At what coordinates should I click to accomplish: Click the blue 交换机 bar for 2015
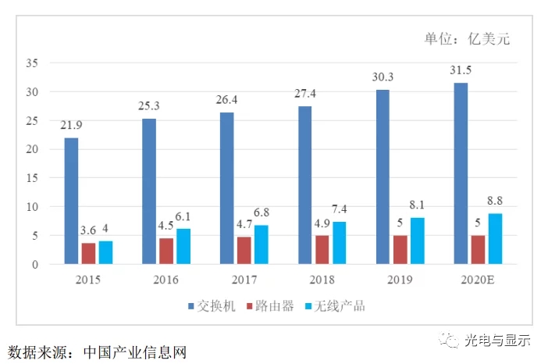tap(71, 201)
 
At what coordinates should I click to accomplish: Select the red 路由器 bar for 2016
tap(166, 251)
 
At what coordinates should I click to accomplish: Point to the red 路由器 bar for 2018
tap(322, 250)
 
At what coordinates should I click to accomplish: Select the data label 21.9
tap(71, 125)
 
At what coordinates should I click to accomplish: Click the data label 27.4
tap(305, 94)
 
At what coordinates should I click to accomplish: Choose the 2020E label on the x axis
tap(478, 280)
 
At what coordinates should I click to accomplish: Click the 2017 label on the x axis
tap(244, 280)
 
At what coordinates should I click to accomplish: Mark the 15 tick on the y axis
tap(32, 178)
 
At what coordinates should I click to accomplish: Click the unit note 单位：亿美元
tap(467, 38)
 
